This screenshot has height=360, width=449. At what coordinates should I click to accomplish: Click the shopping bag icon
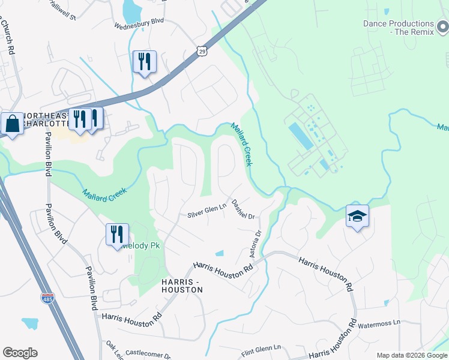pos(12,124)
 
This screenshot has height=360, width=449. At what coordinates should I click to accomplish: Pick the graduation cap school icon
pos(357,217)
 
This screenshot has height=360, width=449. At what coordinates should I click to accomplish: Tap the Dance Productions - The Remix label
pos(398,28)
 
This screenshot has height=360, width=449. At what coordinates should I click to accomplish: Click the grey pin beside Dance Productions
pos(443,27)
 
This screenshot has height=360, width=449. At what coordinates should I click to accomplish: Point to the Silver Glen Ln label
pos(206,211)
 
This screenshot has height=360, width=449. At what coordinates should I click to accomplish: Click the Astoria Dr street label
pos(256,243)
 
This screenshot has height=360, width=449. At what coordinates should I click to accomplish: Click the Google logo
pos(20,353)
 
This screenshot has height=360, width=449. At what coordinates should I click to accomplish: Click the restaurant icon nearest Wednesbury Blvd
pos(144,62)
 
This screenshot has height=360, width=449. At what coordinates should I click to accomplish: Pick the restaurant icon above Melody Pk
pos(117,234)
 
